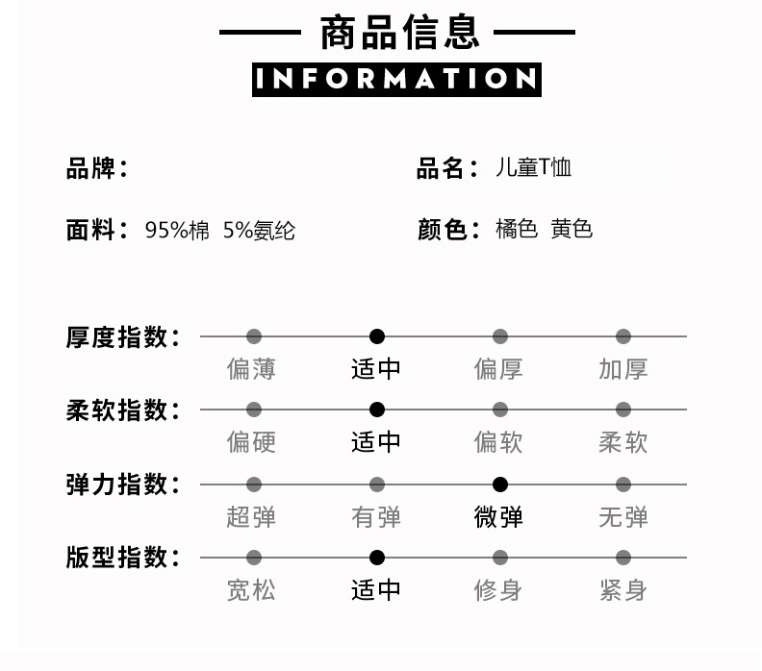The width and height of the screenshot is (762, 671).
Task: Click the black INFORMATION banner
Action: tap(396, 79)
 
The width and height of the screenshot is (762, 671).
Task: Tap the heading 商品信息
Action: tap(398, 32)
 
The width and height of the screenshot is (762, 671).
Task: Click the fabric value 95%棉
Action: tap(177, 231)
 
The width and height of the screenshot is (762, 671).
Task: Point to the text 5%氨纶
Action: tap(259, 231)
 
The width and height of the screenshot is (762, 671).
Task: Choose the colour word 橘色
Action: tap(516, 230)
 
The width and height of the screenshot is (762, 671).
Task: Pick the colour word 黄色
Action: tap(571, 230)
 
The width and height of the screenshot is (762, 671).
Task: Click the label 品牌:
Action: tap(97, 169)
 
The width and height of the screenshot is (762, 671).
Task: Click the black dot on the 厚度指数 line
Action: tap(377, 336)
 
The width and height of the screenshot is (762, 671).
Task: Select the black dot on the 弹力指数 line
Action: tap(500, 485)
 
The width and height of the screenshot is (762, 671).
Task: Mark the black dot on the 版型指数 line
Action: tap(377, 558)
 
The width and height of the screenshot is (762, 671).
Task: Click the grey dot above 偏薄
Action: tap(254, 336)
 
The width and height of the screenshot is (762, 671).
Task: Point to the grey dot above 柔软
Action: tap(623, 410)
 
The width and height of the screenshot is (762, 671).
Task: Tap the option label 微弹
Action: tap(499, 517)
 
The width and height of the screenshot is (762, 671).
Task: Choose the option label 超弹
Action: tap(251, 517)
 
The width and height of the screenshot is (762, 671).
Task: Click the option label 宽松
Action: tap(251, 589)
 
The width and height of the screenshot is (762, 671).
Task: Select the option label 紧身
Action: tap(622, 589)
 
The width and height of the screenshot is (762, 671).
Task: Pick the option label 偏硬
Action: tap(251, 442)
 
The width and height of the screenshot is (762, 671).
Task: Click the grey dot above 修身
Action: tap(500, 558)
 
